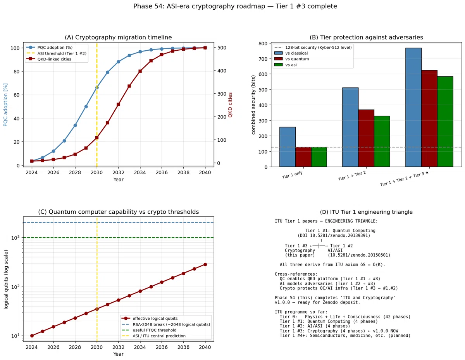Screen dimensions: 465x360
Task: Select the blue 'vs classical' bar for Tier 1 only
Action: click(x=288, y=147)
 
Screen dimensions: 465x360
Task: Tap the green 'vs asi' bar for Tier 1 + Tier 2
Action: click(x=382, y=141)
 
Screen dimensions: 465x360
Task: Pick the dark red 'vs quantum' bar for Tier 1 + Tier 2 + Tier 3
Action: click(x=429, y=118)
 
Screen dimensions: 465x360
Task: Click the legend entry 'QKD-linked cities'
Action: click(x=54, y=59)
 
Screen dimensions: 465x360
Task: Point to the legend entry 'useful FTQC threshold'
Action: click(x=154, y=330)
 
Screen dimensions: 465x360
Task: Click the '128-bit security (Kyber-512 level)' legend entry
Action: click(x=318, y=48)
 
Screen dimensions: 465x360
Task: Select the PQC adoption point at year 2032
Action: click(x=118, y=62)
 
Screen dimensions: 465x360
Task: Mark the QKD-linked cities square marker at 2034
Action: click(x=140, y=71)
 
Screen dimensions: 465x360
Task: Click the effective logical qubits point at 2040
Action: click(x=205, y=264)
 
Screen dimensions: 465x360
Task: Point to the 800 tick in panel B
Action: click(x=263, y=44)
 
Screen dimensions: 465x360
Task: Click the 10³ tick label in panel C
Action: click(x=15, y=238)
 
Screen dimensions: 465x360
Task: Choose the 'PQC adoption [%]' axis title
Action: click(x=5, y=105)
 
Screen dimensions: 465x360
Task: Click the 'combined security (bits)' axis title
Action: click(x=253, y=105)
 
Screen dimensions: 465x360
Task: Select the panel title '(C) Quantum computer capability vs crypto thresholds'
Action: click(x=118, y=212)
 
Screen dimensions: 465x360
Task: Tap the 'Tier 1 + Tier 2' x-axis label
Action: click(x=352, y=176)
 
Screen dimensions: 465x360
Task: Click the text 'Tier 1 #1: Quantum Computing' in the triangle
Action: click(x=340, y=230)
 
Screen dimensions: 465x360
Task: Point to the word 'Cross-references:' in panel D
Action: click(x=296, y=274)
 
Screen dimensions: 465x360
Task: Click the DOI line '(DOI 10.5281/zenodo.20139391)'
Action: click(x=334, y=235)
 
